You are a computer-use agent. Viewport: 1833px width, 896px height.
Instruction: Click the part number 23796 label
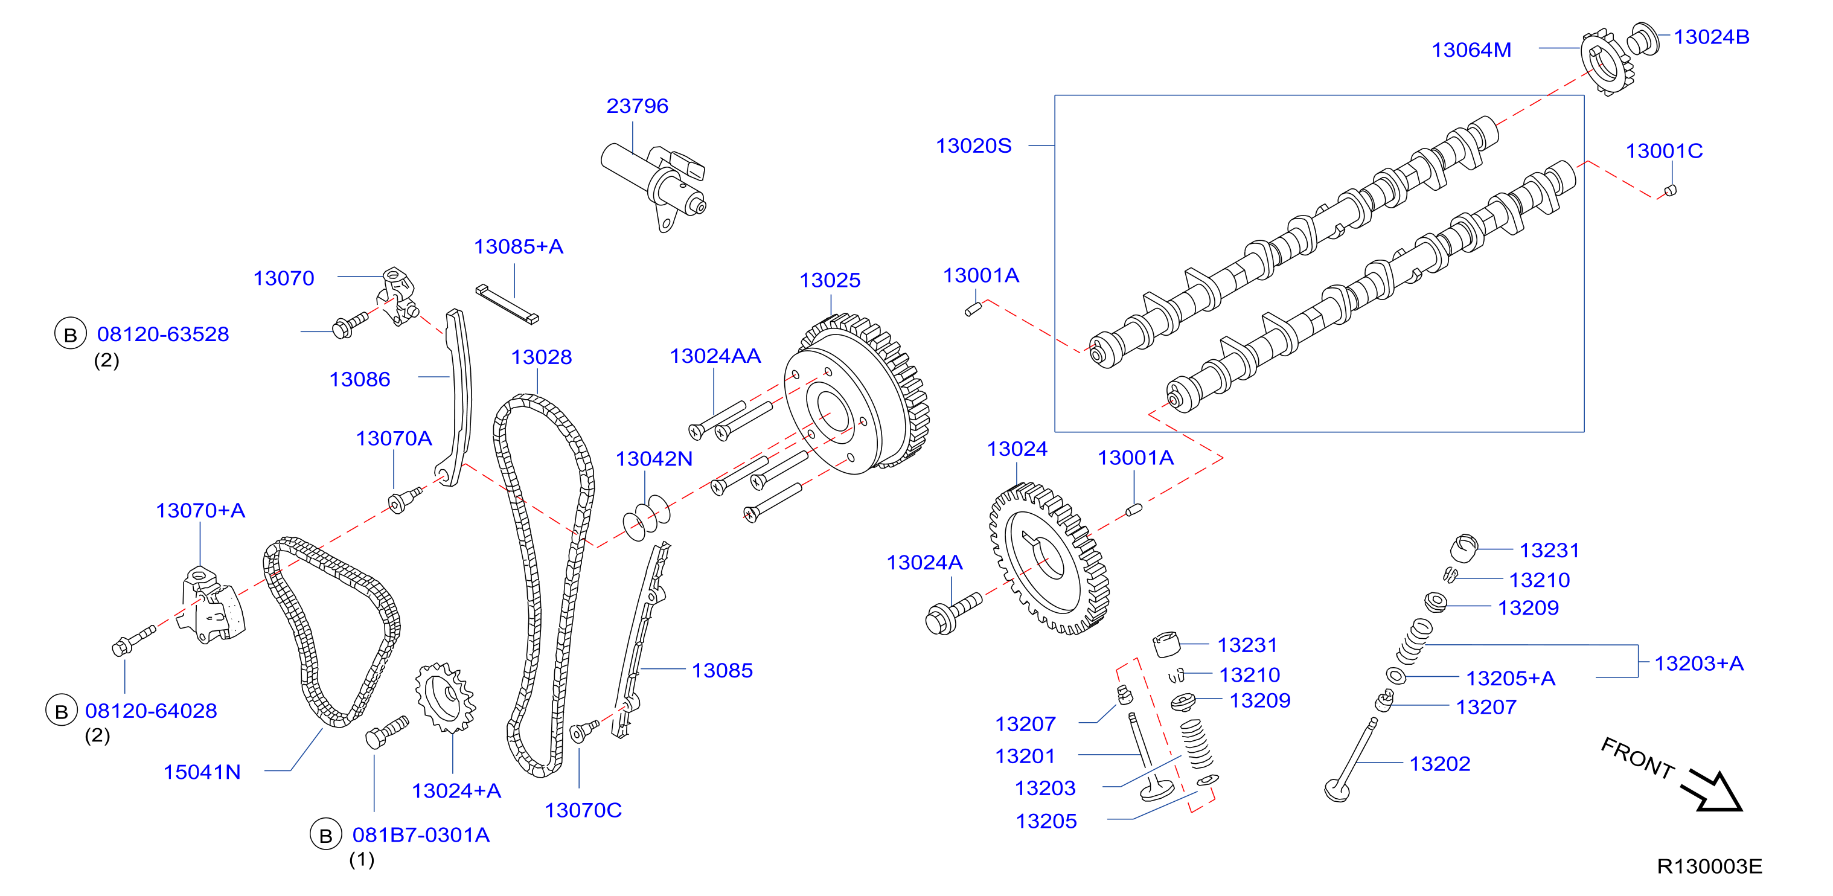click(x=637, y=106)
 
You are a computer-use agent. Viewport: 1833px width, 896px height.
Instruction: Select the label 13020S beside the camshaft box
click(x=973, y=146)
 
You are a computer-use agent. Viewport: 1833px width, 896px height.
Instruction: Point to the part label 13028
click(x=541, y=357)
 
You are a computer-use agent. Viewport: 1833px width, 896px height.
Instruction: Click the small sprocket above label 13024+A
click(x=446, y=697)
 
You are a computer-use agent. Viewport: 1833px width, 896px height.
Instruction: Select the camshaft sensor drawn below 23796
click(x=654, y=183)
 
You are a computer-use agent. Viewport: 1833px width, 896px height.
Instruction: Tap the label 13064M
click(x=1471, y=50)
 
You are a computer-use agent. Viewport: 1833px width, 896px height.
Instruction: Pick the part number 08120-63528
click(x=163, y=334)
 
